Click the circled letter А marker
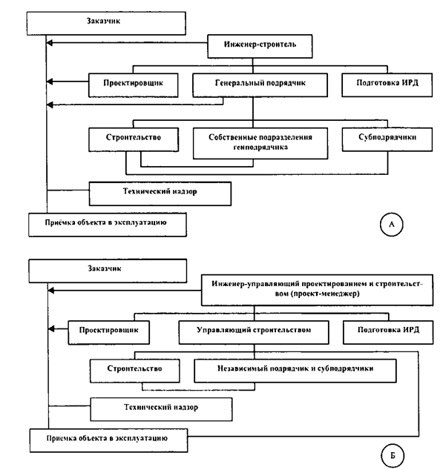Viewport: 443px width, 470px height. tap(391, 225)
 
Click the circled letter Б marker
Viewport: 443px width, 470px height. tap(393, 456)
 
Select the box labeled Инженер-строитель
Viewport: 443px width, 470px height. tap(260, 46)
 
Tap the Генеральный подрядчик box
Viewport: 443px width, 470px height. tap(260, 85)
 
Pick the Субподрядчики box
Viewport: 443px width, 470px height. tap(387, 139)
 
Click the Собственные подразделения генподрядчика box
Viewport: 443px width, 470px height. tap(260, 143)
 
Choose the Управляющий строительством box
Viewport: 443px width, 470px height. tap(254, 332)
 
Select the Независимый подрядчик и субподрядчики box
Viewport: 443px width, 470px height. tap(295, 371)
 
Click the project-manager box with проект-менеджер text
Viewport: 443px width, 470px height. tap(318, 290)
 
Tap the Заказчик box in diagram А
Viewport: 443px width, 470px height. tap(106, 24)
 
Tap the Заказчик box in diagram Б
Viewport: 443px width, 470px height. tap(108, 271)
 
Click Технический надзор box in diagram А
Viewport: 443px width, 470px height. tap(160, 193)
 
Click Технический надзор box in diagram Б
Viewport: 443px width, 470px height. tap(162, 409)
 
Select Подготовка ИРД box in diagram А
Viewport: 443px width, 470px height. tap(387, 85)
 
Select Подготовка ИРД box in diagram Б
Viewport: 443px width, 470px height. tap(388, 332)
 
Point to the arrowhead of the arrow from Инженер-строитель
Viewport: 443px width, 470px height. tap(49, 43)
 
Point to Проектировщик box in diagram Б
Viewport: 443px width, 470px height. tap(109, 332)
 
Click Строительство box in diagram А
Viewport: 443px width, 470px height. tap(134, 139)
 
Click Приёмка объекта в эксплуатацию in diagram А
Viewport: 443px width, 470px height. tap(108, 225)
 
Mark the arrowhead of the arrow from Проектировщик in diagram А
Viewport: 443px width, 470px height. tap(50, 82)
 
